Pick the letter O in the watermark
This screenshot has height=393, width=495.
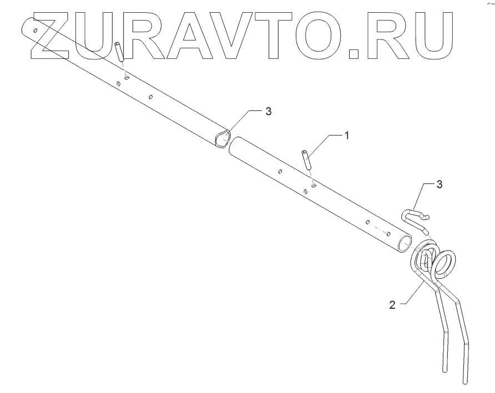click(x=334, y=34)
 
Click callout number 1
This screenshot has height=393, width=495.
click(x=347, y=135)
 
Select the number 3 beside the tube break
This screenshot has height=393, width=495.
click(x=268, y=111)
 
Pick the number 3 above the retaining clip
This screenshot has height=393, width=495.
click(x=440, y=185)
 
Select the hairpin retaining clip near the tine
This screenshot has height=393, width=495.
click(x=413, y=217)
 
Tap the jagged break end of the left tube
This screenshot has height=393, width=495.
click(x=221, y=138)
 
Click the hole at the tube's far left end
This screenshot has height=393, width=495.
click(x=36, y=31)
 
